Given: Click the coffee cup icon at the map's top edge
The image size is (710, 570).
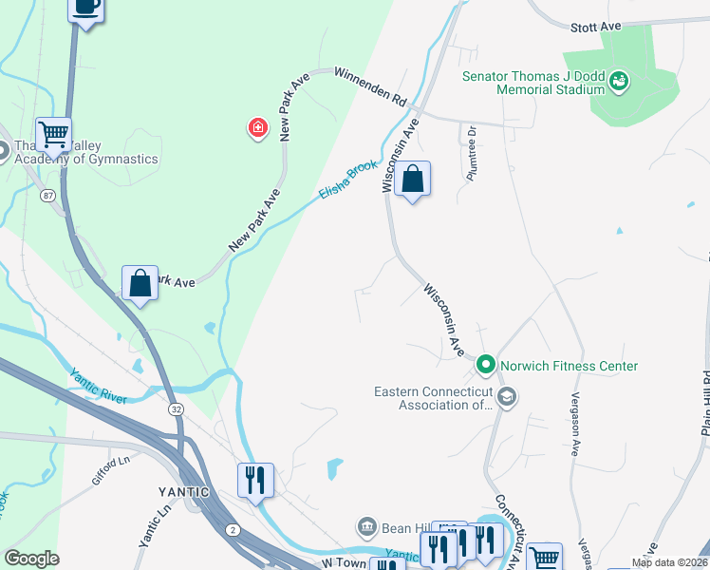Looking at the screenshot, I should point(86,8).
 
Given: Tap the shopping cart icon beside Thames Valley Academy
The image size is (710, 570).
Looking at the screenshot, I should point(54,134).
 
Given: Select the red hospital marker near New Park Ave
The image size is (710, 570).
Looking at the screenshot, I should point(256,128).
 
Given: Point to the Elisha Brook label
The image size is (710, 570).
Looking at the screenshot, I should point(348,178).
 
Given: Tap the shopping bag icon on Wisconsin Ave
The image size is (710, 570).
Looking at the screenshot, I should point(413,179).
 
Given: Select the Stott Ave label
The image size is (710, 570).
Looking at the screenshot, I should point(595,28).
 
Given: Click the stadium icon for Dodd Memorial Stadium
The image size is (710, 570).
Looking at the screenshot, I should point(620,82).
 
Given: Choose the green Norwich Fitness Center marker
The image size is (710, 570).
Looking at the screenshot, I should point(486,365).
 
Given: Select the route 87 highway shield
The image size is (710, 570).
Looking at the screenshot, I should point(48,195).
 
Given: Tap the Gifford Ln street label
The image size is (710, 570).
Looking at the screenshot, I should point(110,470).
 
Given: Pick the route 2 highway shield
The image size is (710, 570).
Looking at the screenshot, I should point(232,528).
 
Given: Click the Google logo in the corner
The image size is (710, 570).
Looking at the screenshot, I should point(31,559).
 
